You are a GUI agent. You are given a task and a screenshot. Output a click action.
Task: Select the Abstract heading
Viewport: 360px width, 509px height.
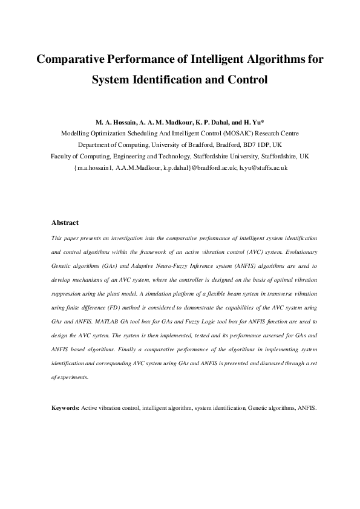point(65,223)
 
